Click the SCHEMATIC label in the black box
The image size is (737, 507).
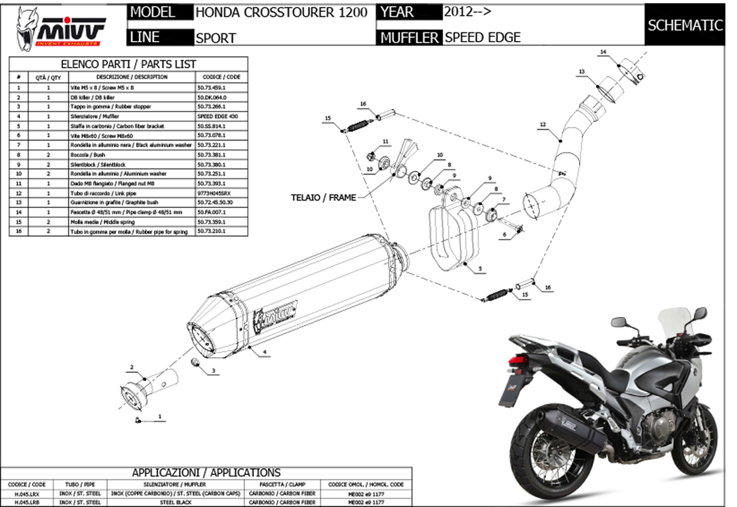coord(685,26)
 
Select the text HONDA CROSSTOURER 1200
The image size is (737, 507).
coord(281,13)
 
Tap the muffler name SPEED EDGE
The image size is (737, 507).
coord(483,38)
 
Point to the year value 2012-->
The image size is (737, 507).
coord(468,12)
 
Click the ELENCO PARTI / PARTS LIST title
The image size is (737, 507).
coord(128,64)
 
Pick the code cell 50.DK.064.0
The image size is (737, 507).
coord(212,97)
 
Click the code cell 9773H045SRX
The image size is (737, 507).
coord(213,193)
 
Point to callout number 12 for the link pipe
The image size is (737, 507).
coord(543,124)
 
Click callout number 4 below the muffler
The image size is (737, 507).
coord(264,353)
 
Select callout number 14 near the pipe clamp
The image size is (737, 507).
coord(603,51)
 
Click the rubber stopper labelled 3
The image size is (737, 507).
coord(196,363)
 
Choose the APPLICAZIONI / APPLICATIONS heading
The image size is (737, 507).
coord(206,473)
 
